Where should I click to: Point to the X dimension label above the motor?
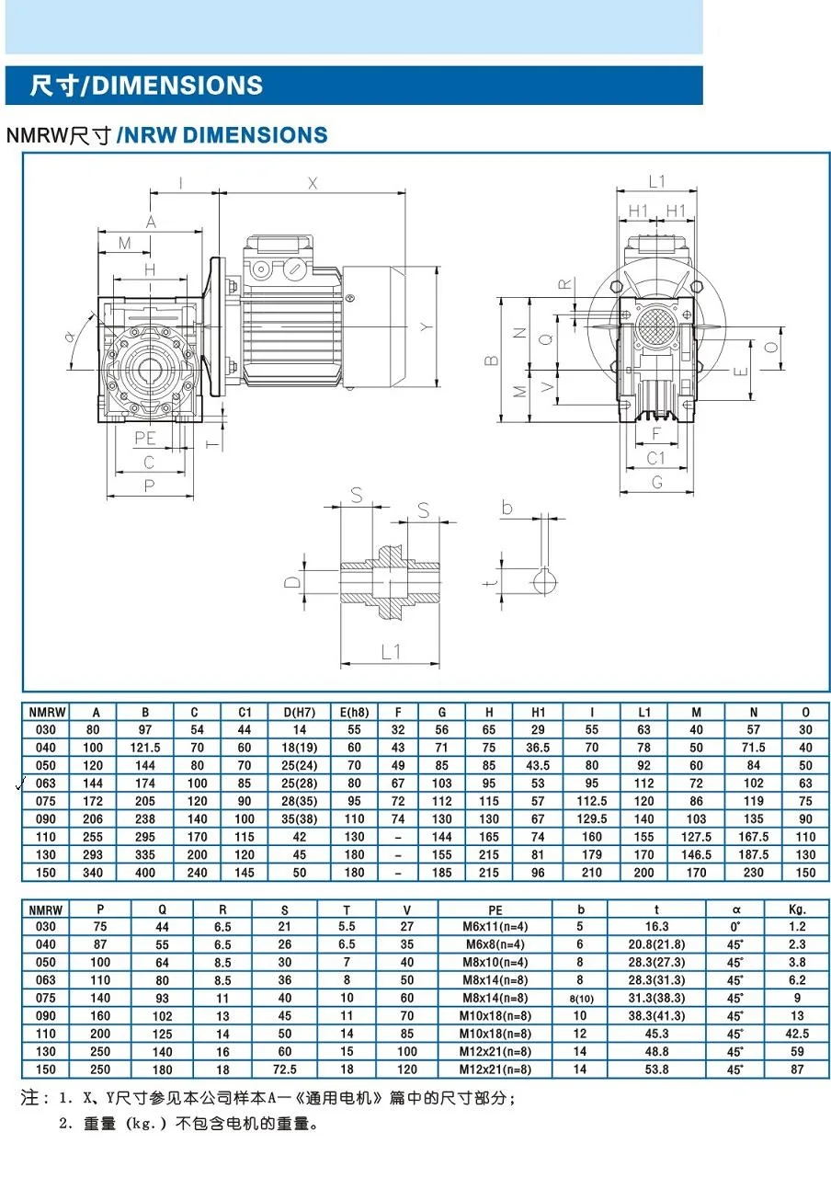(313, 183)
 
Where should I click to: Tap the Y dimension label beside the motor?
(424, 326)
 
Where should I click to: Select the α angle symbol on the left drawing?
(71, 337)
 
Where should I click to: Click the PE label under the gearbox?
(144, 439)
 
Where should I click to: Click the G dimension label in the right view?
(656, 481)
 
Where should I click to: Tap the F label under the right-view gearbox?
(655, 431)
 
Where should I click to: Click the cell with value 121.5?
(145, 748)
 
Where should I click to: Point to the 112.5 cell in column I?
(591, 801)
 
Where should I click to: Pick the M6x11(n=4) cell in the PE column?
(495, 927)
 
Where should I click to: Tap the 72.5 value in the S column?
(284, 1069)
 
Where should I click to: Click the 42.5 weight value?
(796, 1034)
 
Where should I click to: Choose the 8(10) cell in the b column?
(580, 999)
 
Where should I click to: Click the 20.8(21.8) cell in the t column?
(656, 944)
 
